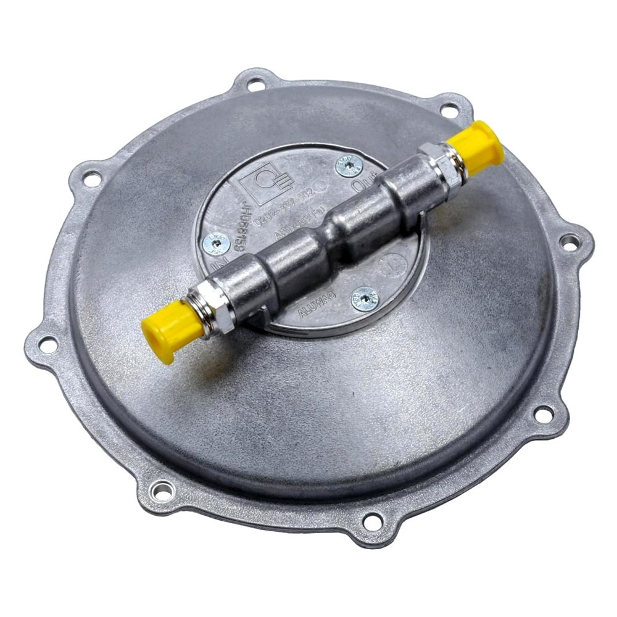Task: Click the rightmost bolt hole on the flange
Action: (571, 241)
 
